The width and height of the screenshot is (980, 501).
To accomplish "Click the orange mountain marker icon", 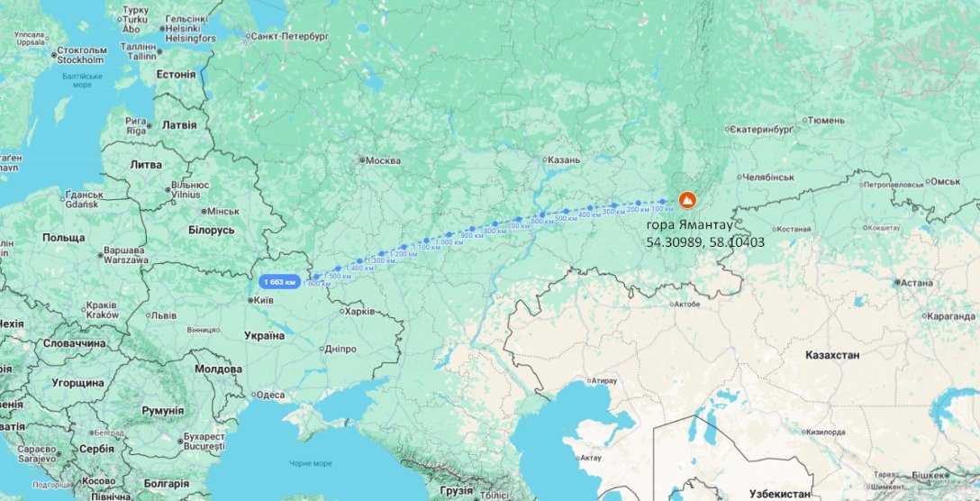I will (687, 199).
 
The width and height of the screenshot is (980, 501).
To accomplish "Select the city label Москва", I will (384, 160).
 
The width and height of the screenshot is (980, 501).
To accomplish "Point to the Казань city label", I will (564, 159).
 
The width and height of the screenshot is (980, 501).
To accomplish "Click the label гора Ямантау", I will (690, 223).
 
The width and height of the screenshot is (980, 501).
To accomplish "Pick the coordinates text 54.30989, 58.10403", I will (705, 241).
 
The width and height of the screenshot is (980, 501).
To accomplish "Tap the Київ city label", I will (265, 300).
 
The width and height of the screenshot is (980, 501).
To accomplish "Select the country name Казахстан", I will (832, 355).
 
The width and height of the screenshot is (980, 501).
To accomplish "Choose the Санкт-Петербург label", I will (290, 36).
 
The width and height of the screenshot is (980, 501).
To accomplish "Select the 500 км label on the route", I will (566, 219).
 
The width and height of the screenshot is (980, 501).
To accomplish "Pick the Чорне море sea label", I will (311, 463).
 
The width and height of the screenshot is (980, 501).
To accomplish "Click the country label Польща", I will (63, 237).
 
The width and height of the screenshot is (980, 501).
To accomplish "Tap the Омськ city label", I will (946, 181).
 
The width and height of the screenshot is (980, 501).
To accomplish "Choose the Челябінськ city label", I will (769, 178).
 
